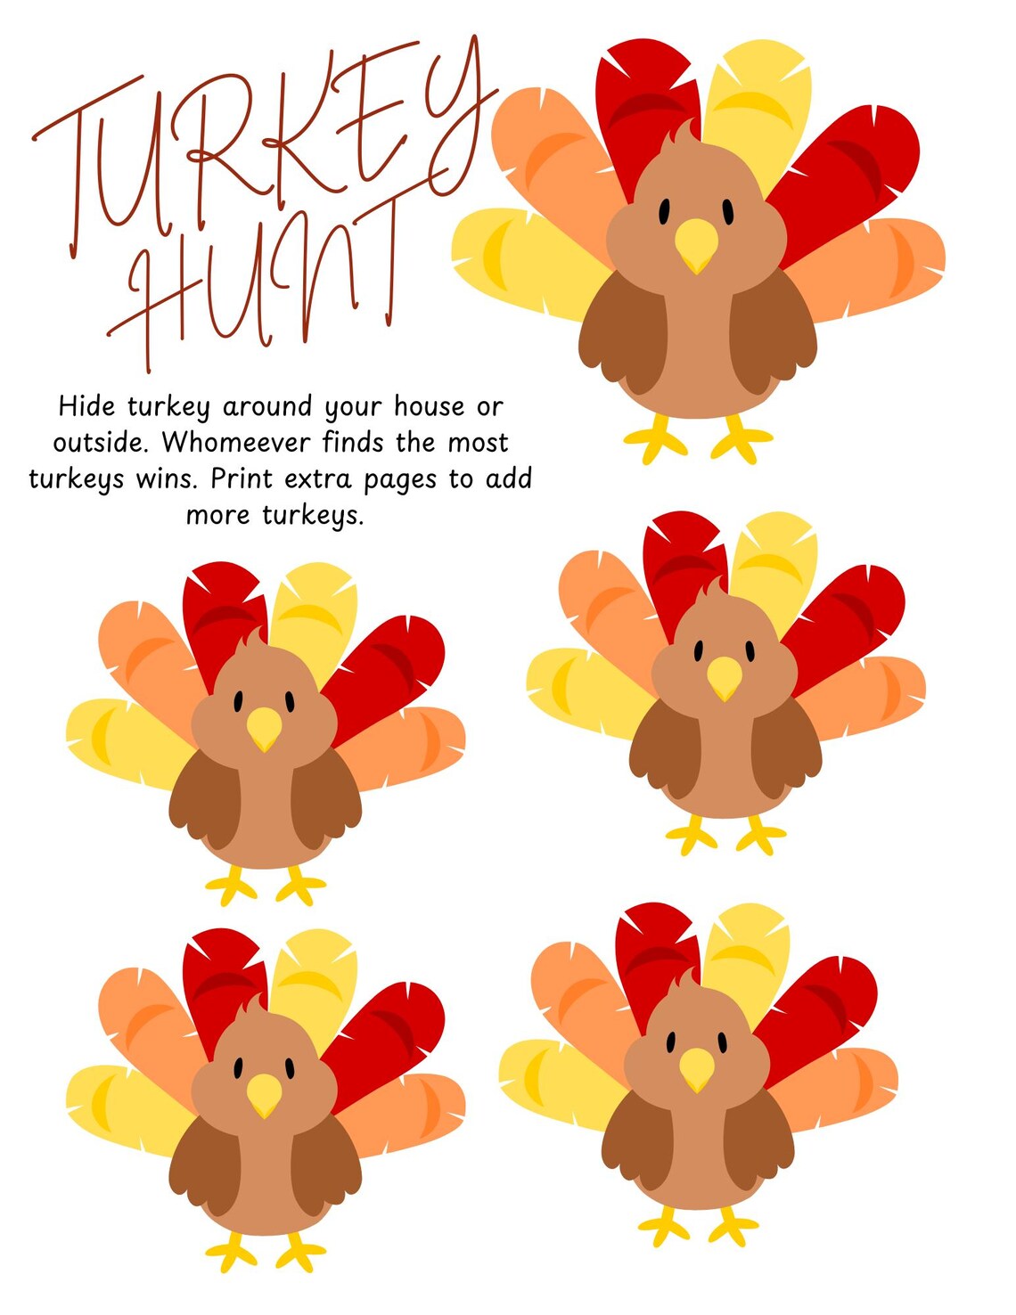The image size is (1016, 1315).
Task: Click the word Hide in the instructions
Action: [x=86, y=406]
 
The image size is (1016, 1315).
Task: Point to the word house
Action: [x=430, y=406]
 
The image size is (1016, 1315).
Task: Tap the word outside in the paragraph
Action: [x=97, y=443]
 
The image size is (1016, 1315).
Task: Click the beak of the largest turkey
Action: [x=696, y=245]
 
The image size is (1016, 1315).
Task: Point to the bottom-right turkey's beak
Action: [x=697, y=1068]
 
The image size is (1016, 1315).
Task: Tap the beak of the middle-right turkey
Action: [x=724, y=678]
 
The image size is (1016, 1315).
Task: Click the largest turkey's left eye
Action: [x=665, y=211]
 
